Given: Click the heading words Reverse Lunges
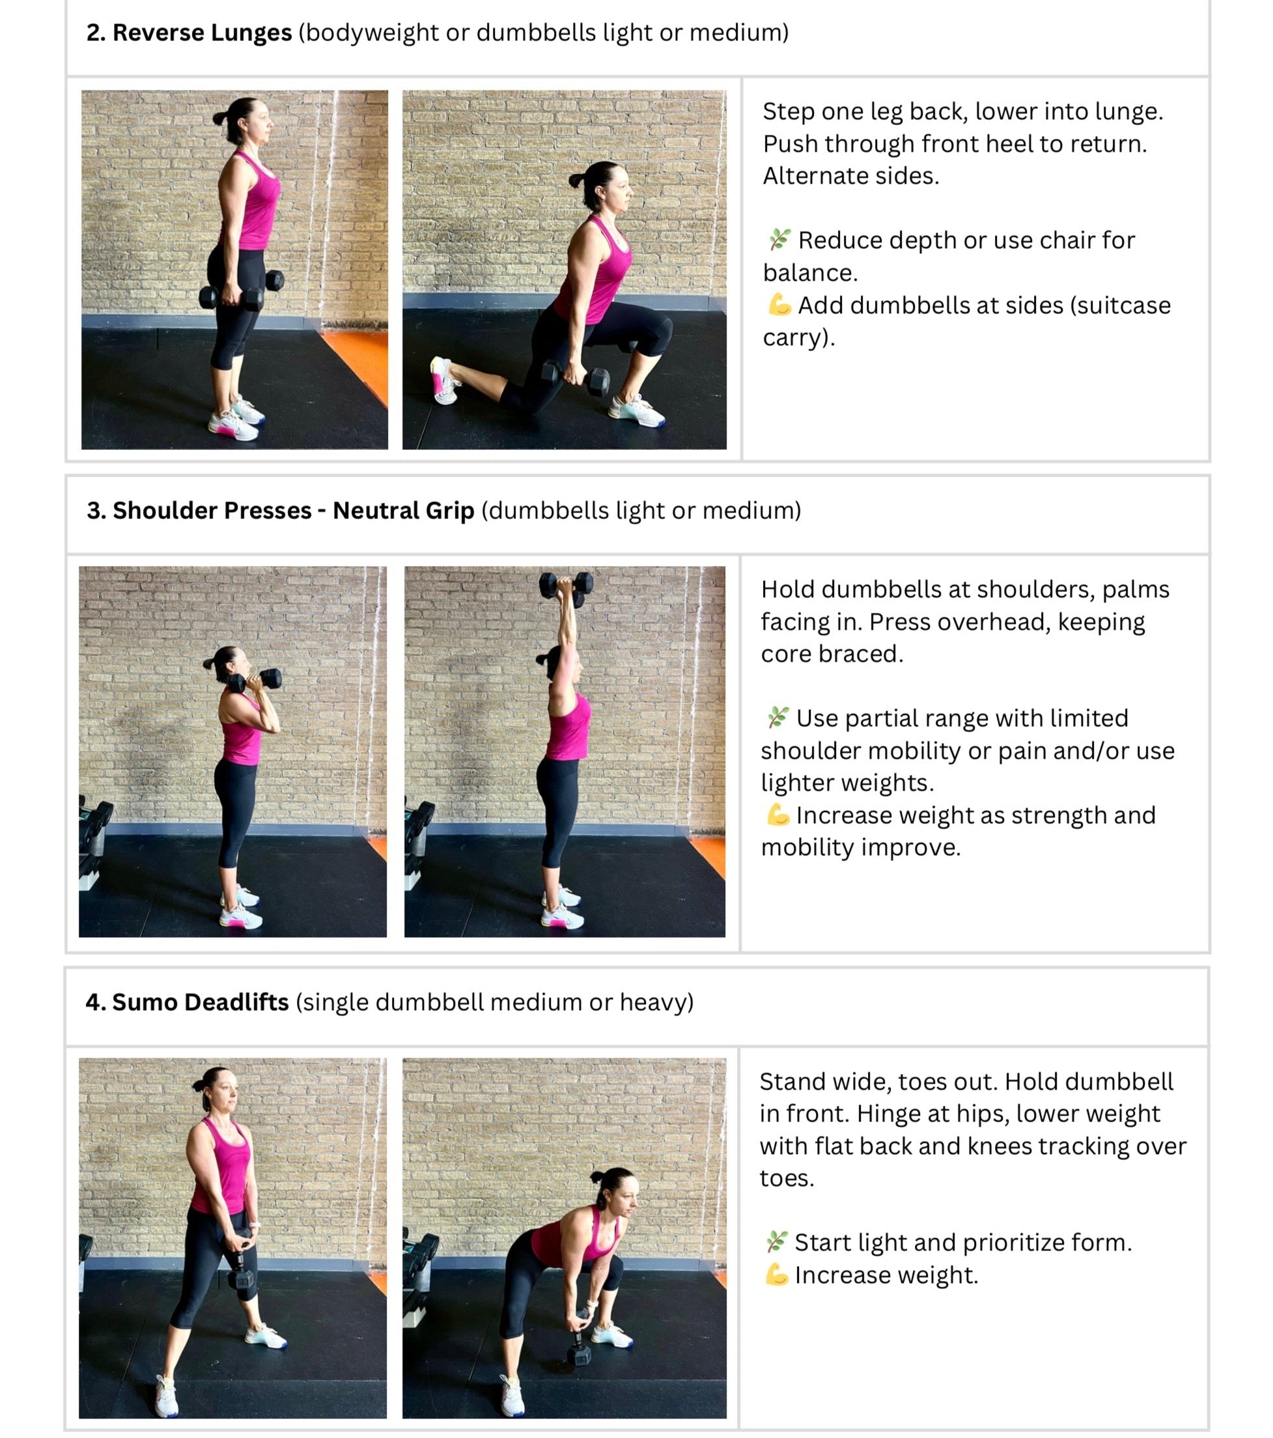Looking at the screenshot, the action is [x=202, y=33].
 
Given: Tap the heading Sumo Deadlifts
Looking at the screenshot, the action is [x=201, y=1002].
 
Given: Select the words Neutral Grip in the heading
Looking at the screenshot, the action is [x=404, y=510].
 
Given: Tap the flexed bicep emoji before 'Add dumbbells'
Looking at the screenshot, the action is [x=779, y=305].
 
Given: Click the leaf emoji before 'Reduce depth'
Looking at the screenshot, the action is [x=779, y=239].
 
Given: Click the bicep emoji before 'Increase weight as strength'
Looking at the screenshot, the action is [x=777, y=815].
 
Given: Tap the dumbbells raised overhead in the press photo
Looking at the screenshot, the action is [x=566, y=587].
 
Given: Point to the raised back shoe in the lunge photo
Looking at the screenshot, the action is [x=444, y=380].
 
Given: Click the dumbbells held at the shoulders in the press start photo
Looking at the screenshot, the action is [x=255, y=681].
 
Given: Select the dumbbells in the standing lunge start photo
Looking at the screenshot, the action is [x=241, y=290].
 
